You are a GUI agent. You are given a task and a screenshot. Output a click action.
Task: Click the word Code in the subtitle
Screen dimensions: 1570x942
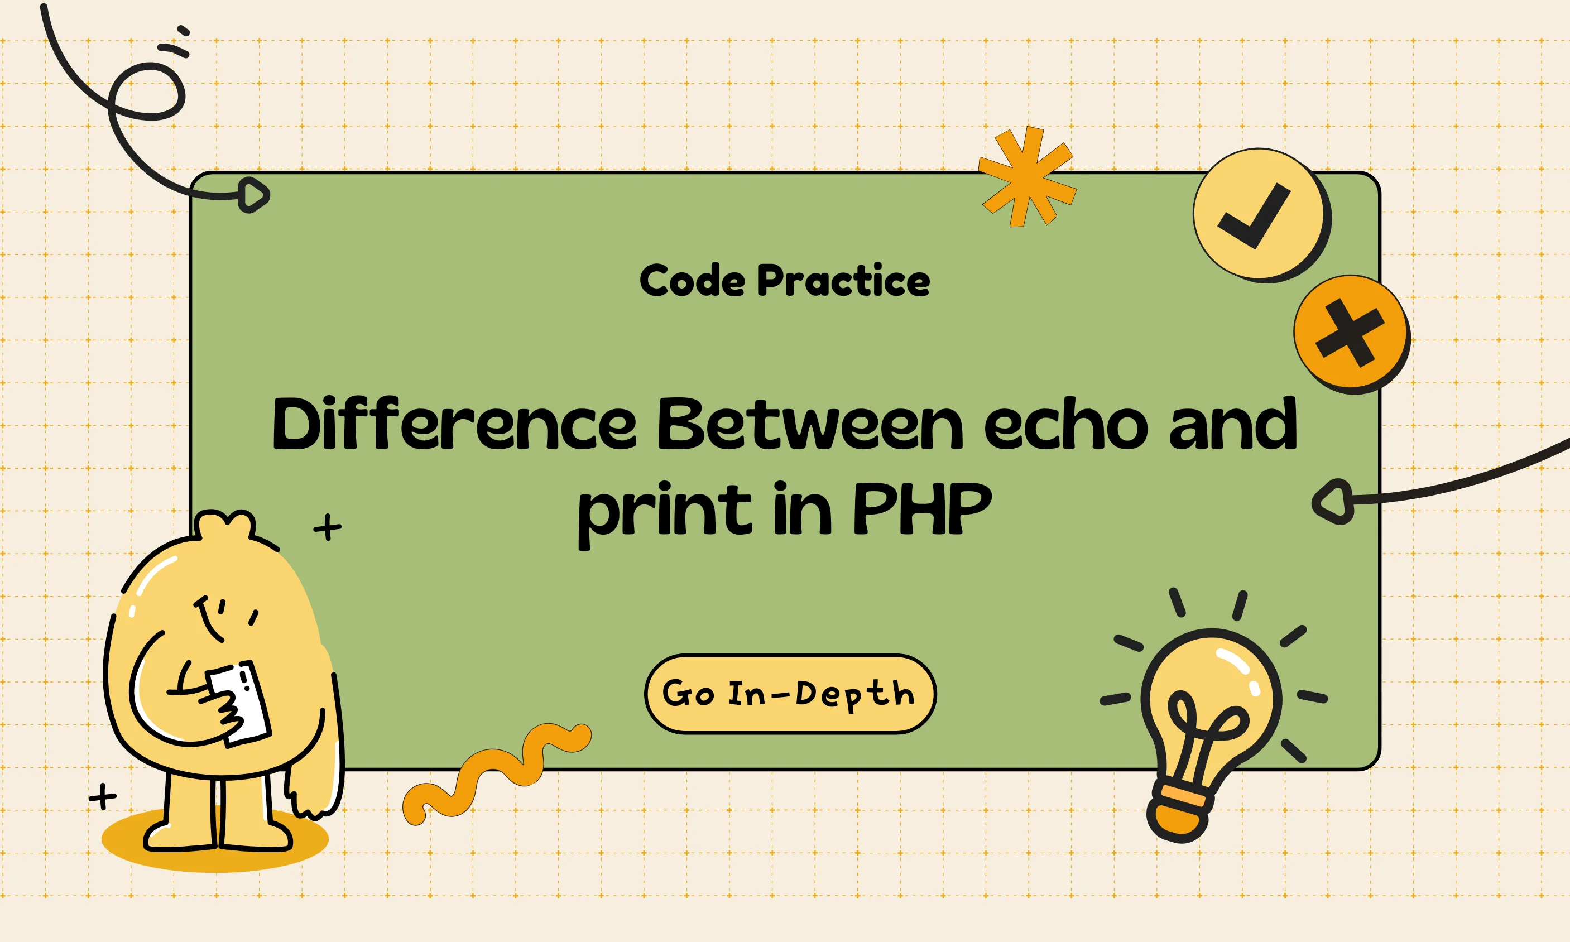tap(692, 280)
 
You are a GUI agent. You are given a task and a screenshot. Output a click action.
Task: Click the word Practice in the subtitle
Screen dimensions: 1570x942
tap(844, 280)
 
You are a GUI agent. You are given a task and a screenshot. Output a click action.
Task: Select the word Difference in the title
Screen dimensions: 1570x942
tap(454, 423)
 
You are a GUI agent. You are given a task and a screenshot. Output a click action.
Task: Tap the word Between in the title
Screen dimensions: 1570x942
tap(810, 423)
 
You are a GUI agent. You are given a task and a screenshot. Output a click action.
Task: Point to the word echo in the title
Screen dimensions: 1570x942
tap(1066, 423)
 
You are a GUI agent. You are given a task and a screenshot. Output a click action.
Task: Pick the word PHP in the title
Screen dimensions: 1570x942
tap(922, 507)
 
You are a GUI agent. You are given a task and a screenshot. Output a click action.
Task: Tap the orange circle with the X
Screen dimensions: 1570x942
tap(1352, 334)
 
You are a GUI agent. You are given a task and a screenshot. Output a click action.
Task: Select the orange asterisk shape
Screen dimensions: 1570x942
tap(1028, 176)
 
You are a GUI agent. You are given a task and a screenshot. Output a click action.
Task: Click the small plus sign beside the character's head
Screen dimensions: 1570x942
tap(328, 527)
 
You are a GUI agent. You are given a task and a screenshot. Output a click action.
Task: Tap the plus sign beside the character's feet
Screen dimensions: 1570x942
tap(102, 796)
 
